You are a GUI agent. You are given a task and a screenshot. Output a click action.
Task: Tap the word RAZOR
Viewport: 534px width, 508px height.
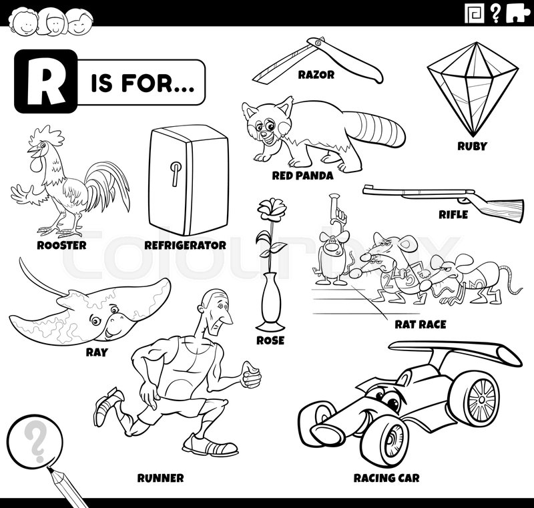click(x=316, y=75)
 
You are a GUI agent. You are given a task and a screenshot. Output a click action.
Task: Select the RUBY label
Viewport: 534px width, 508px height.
click(x=471, y=146)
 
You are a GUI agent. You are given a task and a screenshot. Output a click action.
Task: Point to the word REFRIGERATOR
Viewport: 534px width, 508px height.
click(x=185, y=245)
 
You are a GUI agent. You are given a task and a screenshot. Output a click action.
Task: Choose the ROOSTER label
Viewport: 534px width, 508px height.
click(x=61, y=245)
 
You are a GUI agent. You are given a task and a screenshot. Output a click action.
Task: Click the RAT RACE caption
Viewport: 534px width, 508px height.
click(x=419, y=324)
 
